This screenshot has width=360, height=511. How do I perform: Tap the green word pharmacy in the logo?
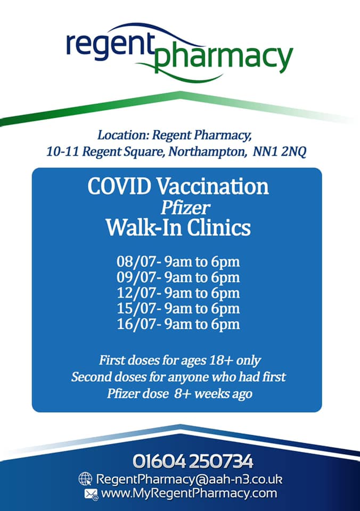pos(223,57)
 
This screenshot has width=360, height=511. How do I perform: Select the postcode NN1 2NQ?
pos(280,152)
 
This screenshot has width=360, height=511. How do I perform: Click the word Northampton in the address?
pos(207,152)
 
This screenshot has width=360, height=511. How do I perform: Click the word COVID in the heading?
pos(119,186)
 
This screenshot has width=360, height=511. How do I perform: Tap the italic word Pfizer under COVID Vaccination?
pos(185,208)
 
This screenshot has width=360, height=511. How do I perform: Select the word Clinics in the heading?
pos(219,227)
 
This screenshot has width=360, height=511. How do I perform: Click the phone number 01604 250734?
pos(193,461)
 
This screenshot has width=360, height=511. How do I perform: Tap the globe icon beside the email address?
pos(85,479)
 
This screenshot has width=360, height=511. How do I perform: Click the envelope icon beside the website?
pos(91,494)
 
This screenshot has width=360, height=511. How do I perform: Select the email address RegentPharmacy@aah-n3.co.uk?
pos(189,480)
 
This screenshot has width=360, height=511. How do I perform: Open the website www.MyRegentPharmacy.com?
pos(189,493)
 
